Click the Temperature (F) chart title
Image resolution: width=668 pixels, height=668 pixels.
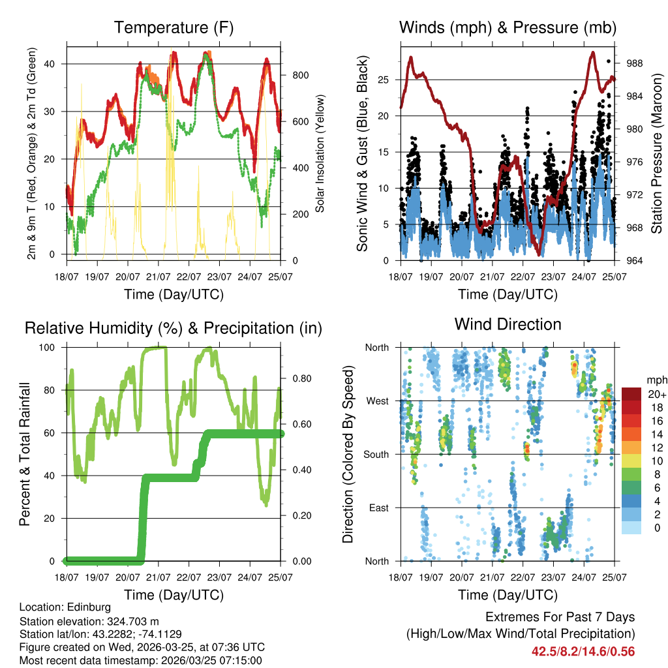(x=174, y=27)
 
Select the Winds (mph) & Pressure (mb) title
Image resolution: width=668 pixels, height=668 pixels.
(x=508, y=27)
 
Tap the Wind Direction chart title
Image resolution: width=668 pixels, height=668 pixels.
(x=508, y=324)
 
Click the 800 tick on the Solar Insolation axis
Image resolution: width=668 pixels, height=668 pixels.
(x=301, y=75)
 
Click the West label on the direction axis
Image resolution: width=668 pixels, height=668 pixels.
(x=377, y=401)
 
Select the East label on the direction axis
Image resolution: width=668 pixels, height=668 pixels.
(x=378, y=508)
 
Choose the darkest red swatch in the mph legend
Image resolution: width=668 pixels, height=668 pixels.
(x=631, y=394)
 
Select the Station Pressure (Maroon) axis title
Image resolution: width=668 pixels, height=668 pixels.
(x=657, y=154)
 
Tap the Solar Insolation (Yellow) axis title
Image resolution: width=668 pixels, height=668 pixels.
(x=320, y=154)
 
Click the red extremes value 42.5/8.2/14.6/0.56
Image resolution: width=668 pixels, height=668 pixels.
(x=583, y=651)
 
